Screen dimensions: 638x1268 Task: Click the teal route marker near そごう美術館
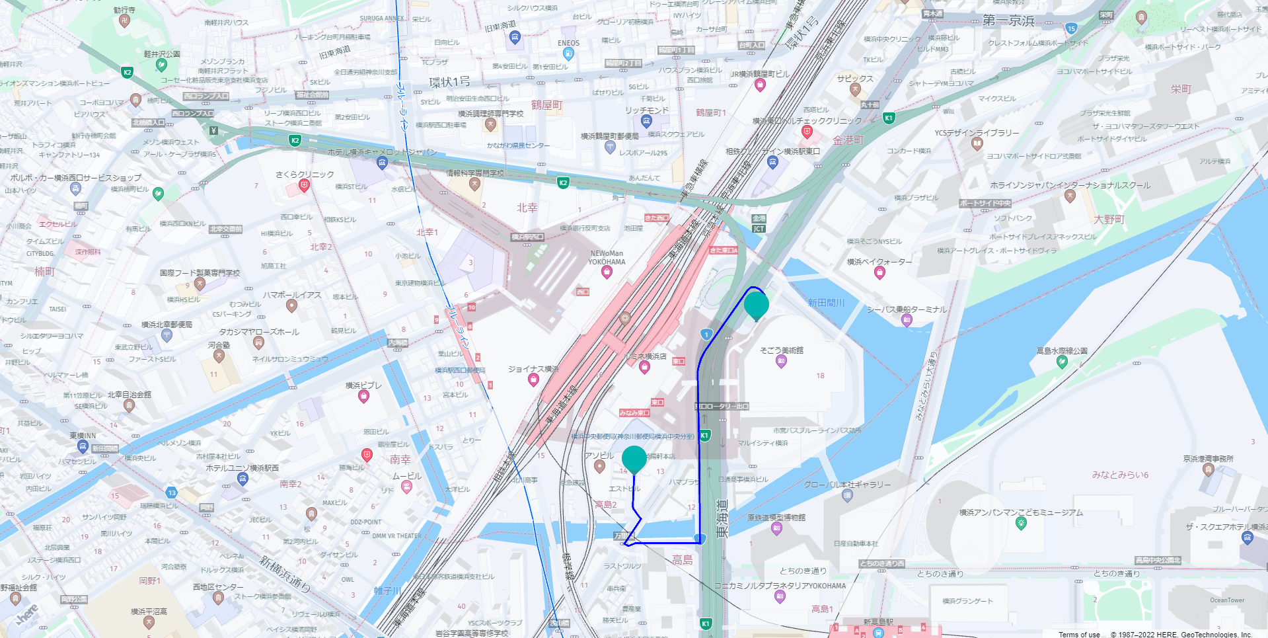pos(756,305)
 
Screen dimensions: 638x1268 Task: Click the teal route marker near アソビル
pos(634,459)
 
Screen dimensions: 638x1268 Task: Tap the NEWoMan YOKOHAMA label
pos(607,258)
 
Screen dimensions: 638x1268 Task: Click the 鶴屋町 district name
pos(546,105)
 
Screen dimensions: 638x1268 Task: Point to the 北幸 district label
pos(527,208)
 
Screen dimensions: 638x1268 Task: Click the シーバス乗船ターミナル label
pos(907,309)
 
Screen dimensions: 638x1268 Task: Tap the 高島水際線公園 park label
pos(1061,351)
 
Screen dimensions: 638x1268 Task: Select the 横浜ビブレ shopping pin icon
pos(363,396)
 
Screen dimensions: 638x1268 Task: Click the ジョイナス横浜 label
pos(533,369)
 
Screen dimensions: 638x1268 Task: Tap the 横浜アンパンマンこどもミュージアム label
pos(1021,512)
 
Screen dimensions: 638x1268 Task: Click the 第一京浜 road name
pos(1008,20)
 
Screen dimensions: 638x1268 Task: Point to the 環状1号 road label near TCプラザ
pos(449,82)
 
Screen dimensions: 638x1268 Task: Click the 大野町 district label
pos(1109,219)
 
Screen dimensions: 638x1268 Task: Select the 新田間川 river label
pos(826,303)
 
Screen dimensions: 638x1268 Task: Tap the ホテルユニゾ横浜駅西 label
pos(242,468)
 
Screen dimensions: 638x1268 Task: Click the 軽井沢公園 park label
pos(162,54)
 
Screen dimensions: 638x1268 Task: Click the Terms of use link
pos(1079,634)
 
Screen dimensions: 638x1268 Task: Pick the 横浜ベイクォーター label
pos(879,262)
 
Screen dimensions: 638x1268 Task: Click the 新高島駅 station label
pos(878,622)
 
